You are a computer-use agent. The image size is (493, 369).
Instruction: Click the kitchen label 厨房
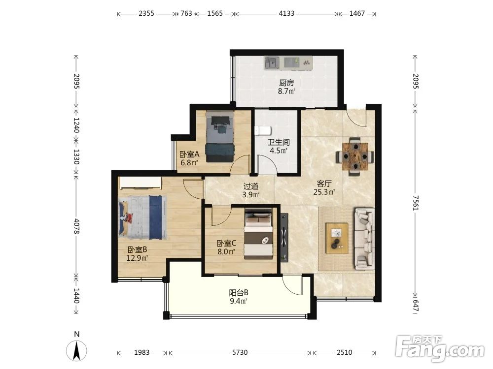[286, 83]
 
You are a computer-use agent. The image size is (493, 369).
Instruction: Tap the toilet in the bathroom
[263, 130]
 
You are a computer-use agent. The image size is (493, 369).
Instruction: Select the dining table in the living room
[355, 156]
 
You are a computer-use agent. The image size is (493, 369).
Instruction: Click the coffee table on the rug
[337, 238]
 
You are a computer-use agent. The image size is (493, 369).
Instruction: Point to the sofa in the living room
[365, 239]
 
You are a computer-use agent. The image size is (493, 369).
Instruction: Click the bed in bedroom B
[142, 217]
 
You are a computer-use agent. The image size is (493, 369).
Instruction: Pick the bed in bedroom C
[258, 234]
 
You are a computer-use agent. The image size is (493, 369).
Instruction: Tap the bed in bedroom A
[220, 136]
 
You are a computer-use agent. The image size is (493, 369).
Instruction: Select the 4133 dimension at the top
[286, 13]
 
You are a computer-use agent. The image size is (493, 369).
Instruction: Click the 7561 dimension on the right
[416, 203]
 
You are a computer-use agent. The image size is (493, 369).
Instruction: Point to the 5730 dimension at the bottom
[240, 352]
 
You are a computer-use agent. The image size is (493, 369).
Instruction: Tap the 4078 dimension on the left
[76, 226]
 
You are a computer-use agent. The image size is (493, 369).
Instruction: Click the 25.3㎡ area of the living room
[324, 192]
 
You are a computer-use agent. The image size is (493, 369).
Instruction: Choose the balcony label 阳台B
[239, 293]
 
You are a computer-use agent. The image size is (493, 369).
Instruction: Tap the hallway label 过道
[251, 186]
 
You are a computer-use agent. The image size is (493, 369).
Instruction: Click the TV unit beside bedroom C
[284, 238]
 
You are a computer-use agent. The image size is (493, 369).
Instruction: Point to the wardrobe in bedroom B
[140, 183]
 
